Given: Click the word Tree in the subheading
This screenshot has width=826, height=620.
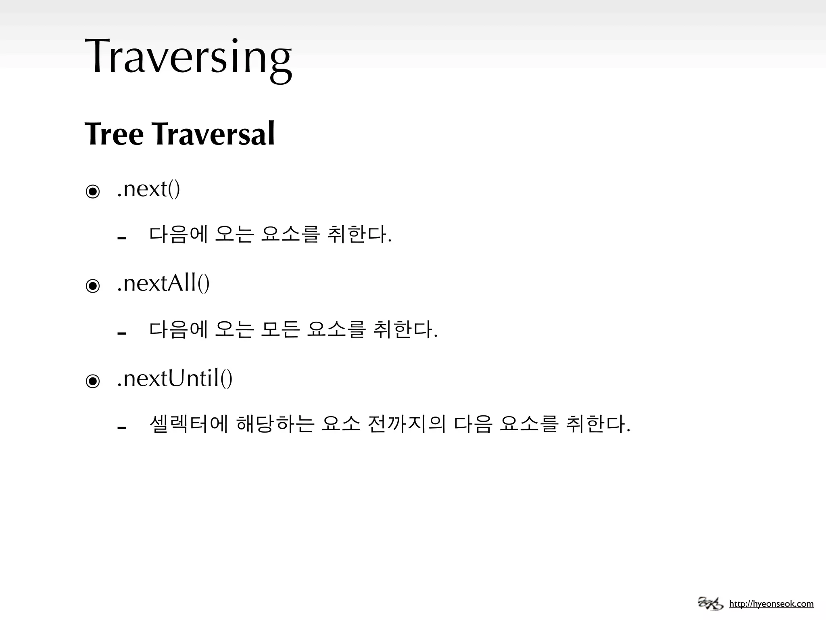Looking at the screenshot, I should point(114,134).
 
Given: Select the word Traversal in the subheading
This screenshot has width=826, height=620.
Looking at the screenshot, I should point(214,134).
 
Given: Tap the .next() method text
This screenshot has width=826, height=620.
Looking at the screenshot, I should point(148,189).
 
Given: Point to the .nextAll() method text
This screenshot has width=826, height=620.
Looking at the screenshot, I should point(163,283).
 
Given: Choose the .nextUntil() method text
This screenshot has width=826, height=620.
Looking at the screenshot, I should point(174,378).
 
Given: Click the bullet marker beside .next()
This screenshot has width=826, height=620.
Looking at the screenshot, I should point(93,191).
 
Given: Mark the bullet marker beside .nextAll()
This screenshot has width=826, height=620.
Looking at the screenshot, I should point(93,286).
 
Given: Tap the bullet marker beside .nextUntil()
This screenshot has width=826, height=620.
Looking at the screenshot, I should point(93,381).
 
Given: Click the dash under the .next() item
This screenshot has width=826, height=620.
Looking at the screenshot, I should point(122,238).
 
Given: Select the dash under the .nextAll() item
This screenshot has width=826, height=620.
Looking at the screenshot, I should point(122,333).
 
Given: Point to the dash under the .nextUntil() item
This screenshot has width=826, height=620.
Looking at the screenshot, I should point(122,428).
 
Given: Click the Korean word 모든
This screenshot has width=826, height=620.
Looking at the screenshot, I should point(280,329).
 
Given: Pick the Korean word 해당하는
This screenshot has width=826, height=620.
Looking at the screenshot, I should point(275,424).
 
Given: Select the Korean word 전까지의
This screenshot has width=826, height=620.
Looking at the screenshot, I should point(407,424).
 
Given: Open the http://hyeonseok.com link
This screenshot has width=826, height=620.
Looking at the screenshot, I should point(771,604).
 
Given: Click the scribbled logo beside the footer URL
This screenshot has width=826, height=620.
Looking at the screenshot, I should point(710,603).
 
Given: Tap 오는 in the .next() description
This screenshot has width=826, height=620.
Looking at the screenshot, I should point(234,235).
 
